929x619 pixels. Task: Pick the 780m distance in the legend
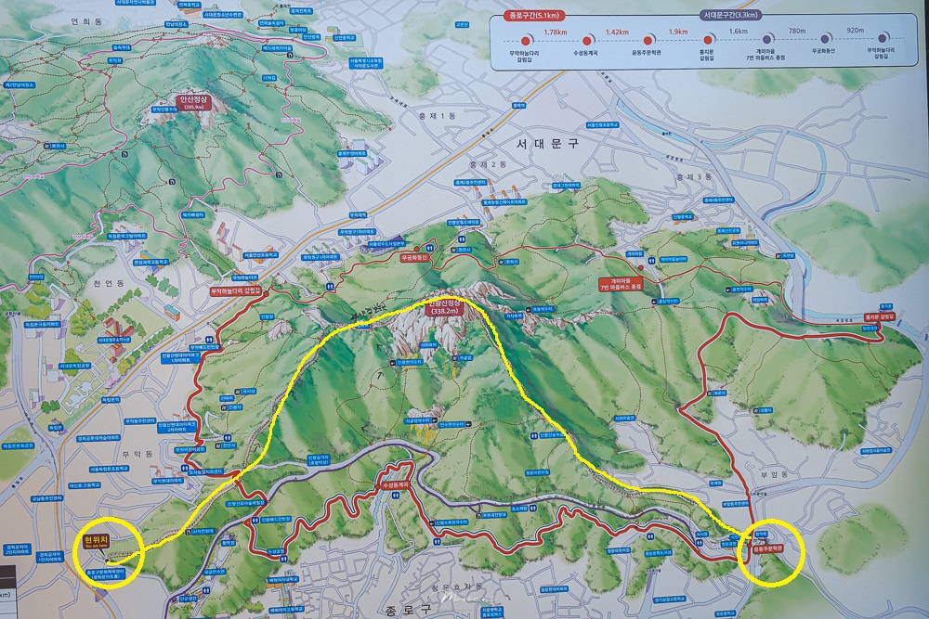click(797, 32)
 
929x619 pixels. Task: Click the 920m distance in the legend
click(854, 32)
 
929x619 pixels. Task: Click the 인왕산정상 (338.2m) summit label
click(444, 307)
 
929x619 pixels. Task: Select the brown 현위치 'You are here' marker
click(97, 540)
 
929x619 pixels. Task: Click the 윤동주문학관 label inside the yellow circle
click(766, 547)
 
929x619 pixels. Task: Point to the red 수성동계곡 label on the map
click(395, 485)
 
